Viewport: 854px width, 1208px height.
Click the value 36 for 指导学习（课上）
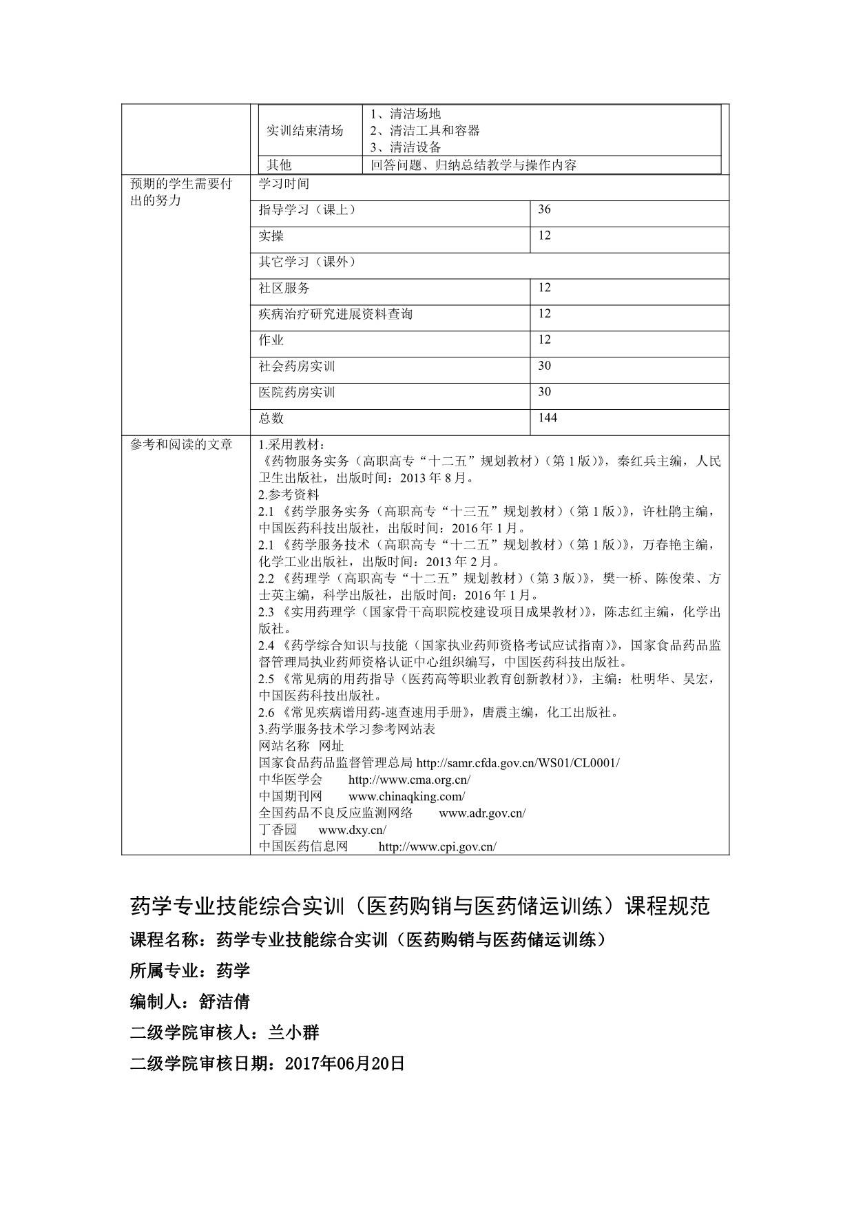pyautogui.click(x=544, y=209)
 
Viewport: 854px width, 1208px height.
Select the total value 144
pyautogui.click(x=548, y=418)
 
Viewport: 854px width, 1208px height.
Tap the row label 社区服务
pyautogui.click(x=284, y=288)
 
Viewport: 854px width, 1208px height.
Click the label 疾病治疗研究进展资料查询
pyautogui.click(x=335, y=314)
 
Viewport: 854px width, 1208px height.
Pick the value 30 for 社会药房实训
pyautogui.click(x=544, y=366)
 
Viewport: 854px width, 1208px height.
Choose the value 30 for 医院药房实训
pyautogui.click(x=544, y=392)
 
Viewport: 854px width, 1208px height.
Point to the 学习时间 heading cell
pyautogui.click(x=284, y=184)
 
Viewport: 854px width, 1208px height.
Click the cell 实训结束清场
pyautogui.click(x=304, y=131)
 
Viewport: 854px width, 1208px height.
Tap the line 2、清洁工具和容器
pyautogui.click(x=425, y=131)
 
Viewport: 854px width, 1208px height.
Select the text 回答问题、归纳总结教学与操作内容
pyautogui.click(x=473, y=165)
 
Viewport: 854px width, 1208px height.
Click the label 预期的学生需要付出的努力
pyautogui.click(x=181, y=192)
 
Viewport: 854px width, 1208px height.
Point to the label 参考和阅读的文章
pyautogui.click(x=181, y=445)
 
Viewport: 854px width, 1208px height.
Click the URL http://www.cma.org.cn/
pyautogui.click(x=409, y=780)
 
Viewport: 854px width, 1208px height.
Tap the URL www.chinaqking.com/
pyautogui.click(x=406, y=797)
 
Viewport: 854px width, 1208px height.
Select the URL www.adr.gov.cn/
pyautogui.click(x=481, y=813)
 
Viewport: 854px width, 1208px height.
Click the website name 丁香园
pyautogui.click(x=278, y=830)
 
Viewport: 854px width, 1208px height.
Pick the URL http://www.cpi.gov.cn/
pyautogui.click(x=437, y=847)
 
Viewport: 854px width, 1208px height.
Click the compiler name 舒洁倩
pyautogui.click(x=225, y=1001)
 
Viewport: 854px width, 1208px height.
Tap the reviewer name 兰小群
pyautogui.click(x=293, y=1032)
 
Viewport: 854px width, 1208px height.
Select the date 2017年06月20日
pyautogui.click(x=344, y=1063)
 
